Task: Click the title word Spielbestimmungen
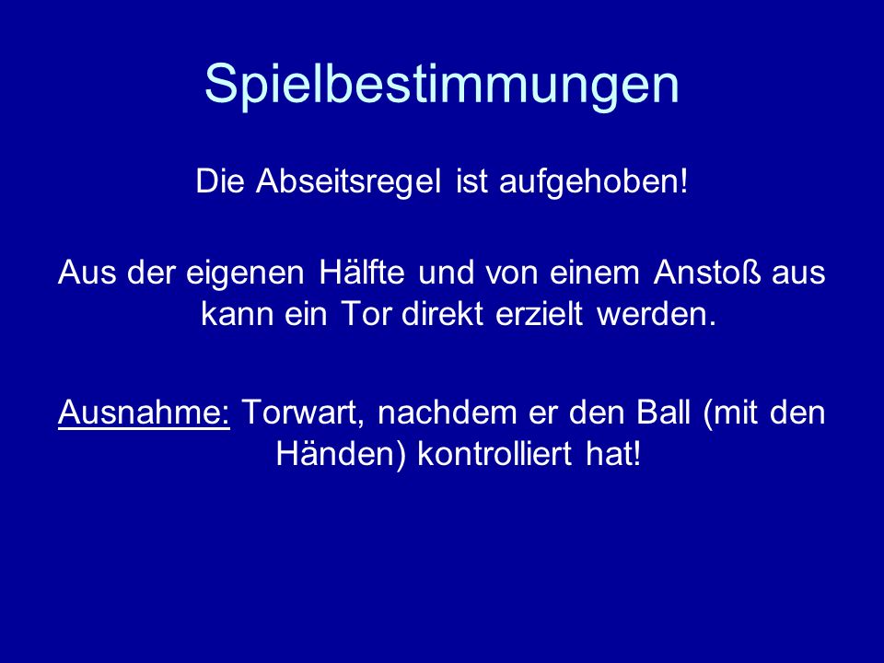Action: point(441,85)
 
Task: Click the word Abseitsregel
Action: point(348,181)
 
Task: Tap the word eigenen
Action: point(245,273)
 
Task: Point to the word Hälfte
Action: point(362,273)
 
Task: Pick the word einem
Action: point(594,273)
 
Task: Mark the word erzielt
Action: point(539,313)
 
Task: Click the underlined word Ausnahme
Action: point(144,413)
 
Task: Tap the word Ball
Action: point(663,413)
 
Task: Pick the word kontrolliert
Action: point(494,453)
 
